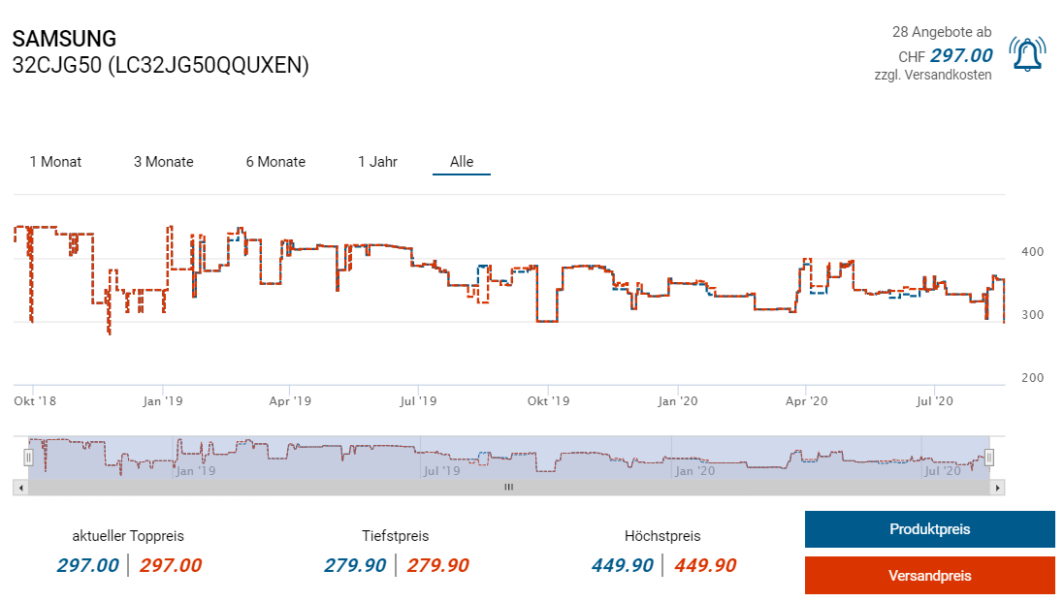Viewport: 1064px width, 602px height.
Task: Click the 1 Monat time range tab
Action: (x=55, y=162)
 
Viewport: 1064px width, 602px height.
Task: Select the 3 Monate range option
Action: (x=163, y=162)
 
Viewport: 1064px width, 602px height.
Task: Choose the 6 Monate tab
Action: (x=275, y=162)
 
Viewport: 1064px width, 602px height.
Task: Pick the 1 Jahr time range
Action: (x=377, y=162)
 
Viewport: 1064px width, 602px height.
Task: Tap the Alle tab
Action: (x=462, y=162)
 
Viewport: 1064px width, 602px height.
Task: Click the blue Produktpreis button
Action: (x=929, y=529)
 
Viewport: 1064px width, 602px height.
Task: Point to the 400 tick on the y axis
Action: (x=1033, y=252)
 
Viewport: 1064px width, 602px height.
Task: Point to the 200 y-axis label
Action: (x=1033, y=378)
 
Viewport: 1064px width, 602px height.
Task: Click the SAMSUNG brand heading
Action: (x=64, y=40)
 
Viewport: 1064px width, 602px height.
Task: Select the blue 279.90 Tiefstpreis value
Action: (x=355, y=565)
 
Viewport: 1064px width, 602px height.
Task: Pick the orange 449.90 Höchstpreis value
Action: (x=705, y=565)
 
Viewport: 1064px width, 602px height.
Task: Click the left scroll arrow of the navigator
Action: (x=20, y=488)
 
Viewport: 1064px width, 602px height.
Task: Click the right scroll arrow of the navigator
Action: (x=998, y=488)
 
